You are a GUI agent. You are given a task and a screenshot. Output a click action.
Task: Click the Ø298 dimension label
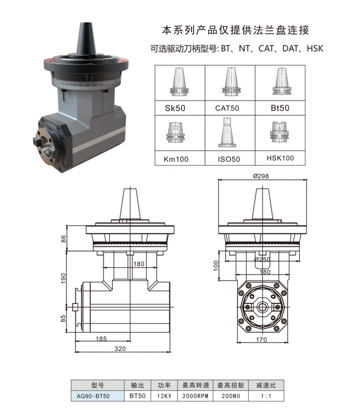pyautogui.click(x=261, y=176)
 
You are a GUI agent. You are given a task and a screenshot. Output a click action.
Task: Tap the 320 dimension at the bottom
pyautogui.click(x=120, y=348)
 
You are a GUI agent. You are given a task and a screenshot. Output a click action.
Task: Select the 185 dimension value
pyautogui.click(x=101, y=339)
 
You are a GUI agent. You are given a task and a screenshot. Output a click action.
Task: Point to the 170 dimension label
pyautogui.click(x=261, y=340)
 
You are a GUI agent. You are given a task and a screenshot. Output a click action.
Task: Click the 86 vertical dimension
pyautogui.click(x=64, y=239)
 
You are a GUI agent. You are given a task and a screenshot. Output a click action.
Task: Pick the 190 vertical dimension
pyautogui.click(x=63, y=278)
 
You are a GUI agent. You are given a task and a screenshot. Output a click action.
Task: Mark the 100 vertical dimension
pyautogui.click(x=216, y=266)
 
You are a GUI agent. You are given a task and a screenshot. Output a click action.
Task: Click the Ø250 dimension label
pyautogui.click(x=262, y=259)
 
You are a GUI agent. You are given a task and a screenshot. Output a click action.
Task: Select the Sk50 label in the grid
pyautogui.click(x=175, y=108)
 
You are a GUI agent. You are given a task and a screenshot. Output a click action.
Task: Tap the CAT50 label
pyautogui.click(x=227, y=108)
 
